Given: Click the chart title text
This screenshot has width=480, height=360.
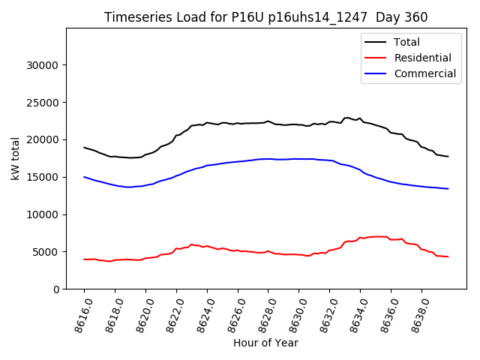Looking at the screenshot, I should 265,17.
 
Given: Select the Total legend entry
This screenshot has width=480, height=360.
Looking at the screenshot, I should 406,42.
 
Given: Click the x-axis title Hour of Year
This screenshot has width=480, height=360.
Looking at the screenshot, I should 265,343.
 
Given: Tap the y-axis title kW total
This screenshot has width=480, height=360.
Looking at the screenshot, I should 15,158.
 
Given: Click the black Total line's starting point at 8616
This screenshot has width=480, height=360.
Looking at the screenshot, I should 84,148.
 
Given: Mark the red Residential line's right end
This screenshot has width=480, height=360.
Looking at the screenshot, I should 448,257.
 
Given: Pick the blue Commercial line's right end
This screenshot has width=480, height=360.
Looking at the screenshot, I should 448,189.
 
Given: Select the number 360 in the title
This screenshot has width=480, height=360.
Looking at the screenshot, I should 415,17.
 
